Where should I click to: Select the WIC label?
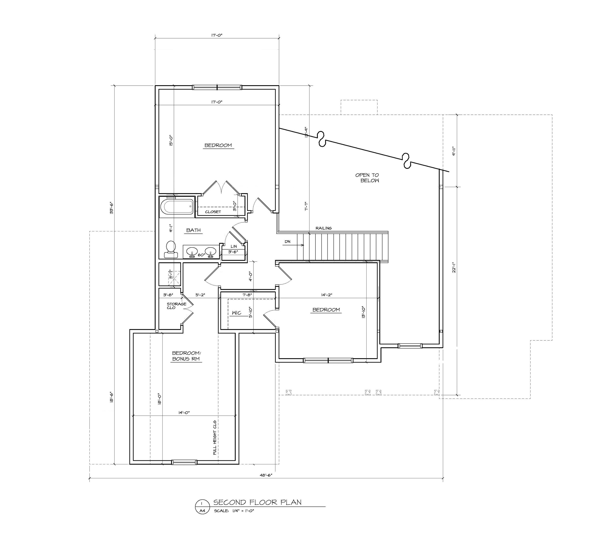(x=237, y=313)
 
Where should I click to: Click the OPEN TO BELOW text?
(x=367, y=178)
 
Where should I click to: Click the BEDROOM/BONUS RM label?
(x=186, y=356)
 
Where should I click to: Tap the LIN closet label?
(x=234, y=246)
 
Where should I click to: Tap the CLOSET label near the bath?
(x=213, y=212)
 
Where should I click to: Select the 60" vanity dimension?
(x=201, y=255)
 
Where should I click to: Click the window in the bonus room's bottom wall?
(x=184, y=462)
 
